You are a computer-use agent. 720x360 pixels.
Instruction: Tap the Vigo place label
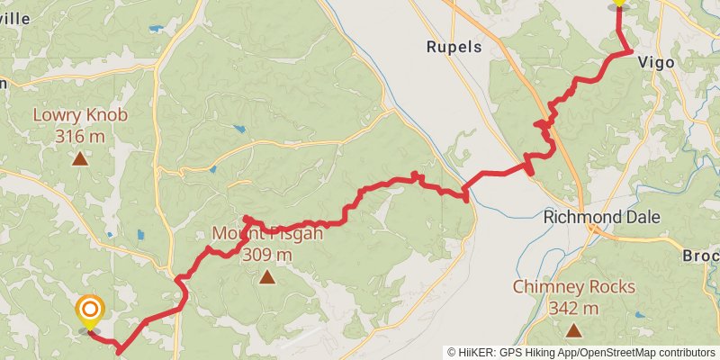coord(656,62)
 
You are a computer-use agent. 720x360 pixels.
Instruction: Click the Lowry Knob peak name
coord(80,115)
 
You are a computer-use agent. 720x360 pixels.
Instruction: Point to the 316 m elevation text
coord(80,137)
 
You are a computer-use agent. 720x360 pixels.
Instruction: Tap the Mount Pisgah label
coord(266,234)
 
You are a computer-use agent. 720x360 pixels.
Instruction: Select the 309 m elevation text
coord(266,255)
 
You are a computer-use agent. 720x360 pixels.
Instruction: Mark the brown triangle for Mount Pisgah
coord(266,277)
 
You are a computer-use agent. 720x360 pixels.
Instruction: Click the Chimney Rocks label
coord(574,288)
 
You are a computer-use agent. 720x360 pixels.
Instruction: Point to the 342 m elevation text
coord(574,309)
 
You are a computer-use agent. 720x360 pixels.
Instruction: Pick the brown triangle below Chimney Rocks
coord(574,330)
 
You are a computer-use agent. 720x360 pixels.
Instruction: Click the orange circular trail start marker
coord(89,310)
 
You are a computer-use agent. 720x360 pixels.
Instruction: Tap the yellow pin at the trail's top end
coord(618,3)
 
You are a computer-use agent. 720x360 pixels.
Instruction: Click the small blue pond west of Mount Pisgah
coord(139,236)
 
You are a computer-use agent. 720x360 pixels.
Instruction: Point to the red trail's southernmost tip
coord(119,352)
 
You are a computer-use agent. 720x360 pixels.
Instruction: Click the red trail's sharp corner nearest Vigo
coord(629,51)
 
